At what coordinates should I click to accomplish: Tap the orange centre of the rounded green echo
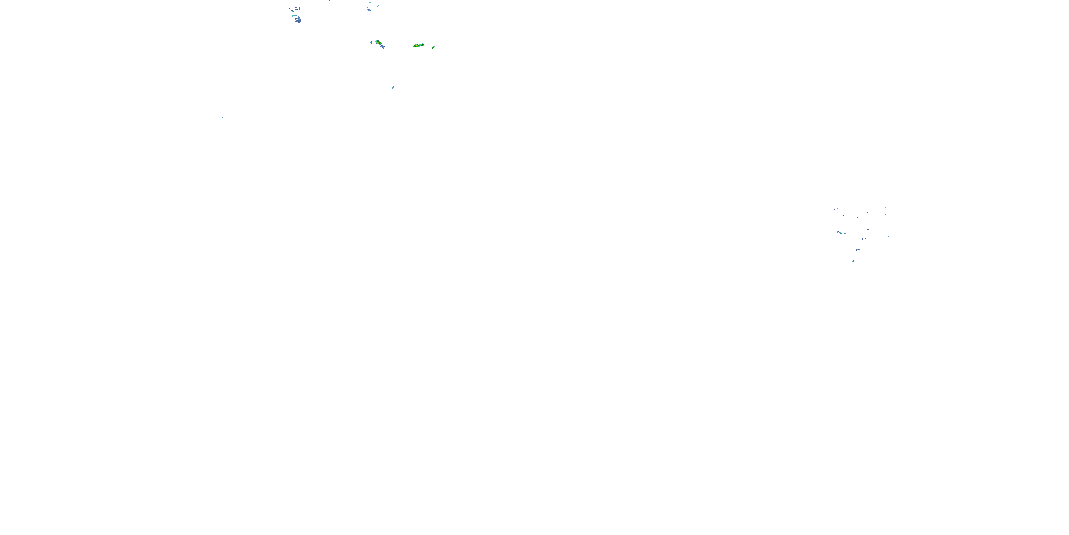click(378, 42)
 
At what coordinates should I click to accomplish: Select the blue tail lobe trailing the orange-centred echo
click(383, 46)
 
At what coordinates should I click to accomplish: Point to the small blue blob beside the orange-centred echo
click(371, 42)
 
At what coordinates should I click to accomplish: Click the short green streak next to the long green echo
click(433, 48)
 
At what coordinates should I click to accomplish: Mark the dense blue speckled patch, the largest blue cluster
click(296, 19)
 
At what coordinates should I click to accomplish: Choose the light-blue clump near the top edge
click(369, 9)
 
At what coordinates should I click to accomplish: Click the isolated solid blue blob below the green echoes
click(393, 88)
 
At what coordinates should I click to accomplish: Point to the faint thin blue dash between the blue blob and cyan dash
click(258, 98)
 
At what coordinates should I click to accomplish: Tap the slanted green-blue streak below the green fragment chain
click(857, 250)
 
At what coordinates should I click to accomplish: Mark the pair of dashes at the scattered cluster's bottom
click(867, 288)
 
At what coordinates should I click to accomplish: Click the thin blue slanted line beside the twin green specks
click(835, 209)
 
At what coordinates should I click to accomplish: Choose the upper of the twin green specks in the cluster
click(826, 205)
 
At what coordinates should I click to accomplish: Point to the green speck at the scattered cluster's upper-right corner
click(885, 207)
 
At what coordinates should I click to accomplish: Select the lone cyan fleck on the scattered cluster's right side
click(888, 236)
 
